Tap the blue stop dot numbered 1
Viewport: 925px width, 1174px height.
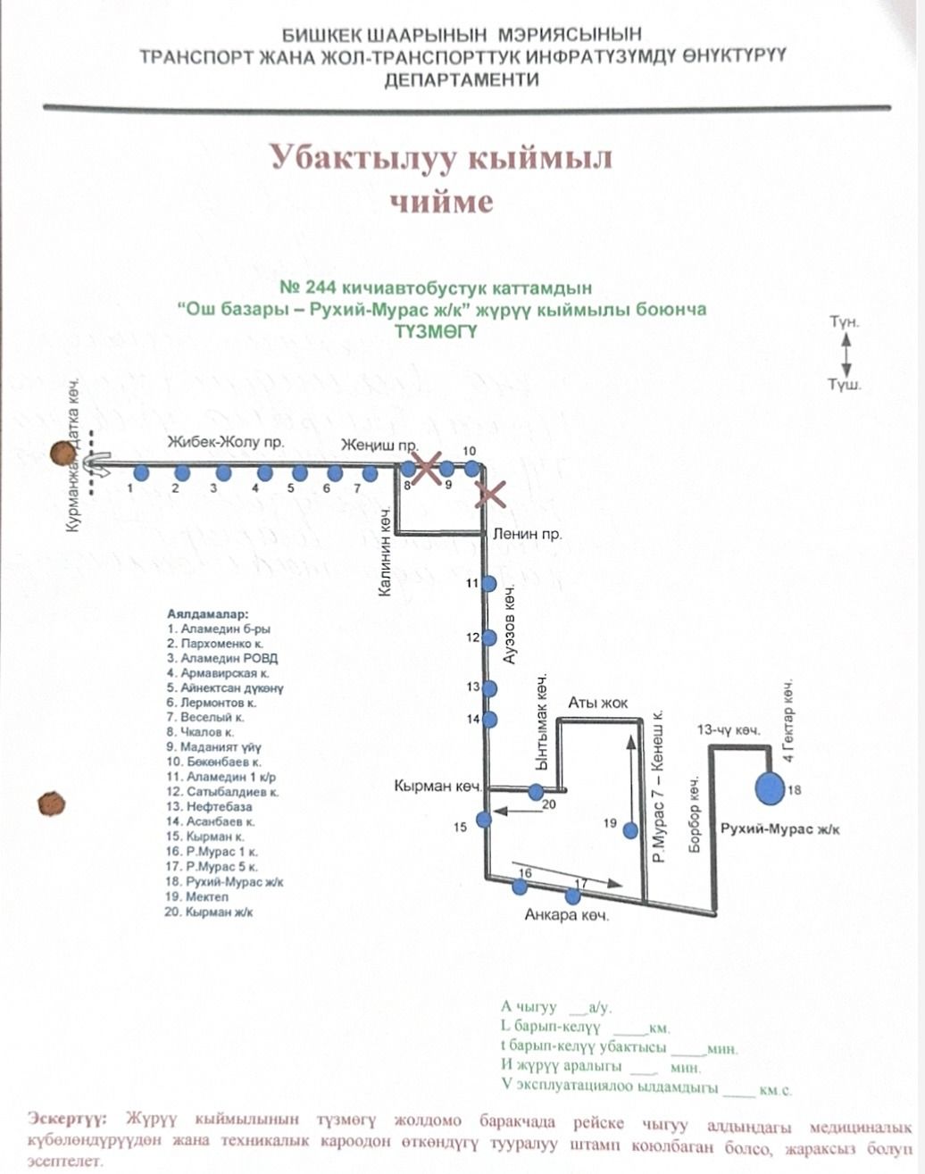coord(140,472)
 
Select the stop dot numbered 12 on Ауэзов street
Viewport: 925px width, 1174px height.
coord(488,637)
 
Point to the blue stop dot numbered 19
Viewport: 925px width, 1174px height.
coord(630,830)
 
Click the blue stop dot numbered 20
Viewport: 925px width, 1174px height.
coord(536,791)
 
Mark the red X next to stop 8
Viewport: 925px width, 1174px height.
coord(428,467)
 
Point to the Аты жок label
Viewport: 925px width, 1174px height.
coord(597,703)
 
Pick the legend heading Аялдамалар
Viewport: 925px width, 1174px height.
coord(207,614)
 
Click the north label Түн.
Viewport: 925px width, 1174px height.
coord(844,321)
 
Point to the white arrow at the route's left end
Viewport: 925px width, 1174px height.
coord(96,464)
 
